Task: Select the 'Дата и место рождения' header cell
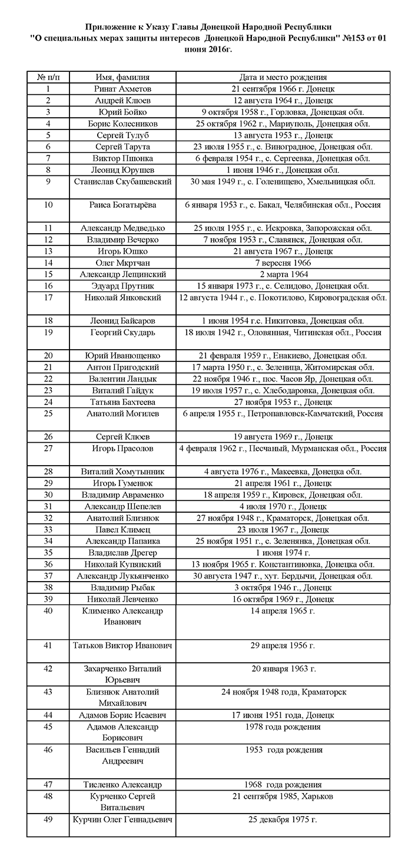click(283, 77)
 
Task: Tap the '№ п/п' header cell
click(48, 77)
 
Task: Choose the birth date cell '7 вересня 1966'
click(283, 263)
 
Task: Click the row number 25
click(48, 413)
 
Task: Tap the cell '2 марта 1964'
click(283, 274)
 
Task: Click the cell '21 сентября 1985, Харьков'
click(283, 796)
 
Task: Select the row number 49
click(48, 819)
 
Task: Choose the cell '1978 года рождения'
click(283, 726)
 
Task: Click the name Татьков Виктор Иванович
click(122, 645)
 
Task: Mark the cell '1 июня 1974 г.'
click(283, 552)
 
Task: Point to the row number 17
click(48, 297)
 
